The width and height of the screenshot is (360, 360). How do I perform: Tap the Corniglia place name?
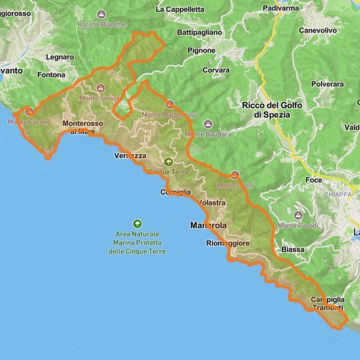[176, 192]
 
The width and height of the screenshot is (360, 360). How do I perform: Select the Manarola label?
[208, 226]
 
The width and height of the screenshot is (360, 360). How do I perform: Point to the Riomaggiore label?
[227, 243]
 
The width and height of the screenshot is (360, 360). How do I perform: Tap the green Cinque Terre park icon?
[169, 162]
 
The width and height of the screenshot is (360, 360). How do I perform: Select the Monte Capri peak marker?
[235, 176]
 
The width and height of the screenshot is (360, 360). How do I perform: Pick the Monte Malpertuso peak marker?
[170, 104]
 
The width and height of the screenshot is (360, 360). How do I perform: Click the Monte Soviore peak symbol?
[101, 88]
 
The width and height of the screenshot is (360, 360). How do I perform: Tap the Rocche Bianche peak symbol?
[101, 14]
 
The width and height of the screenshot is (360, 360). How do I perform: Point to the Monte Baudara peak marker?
[208, 124]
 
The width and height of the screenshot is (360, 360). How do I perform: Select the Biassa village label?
[293, 249]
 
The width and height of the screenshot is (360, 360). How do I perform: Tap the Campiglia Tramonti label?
[328, 304]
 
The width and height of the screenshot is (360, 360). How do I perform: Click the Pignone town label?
[201, 50]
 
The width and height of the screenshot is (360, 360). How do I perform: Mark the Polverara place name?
[327, 85]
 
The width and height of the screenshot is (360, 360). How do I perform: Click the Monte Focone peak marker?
[28, 111]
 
